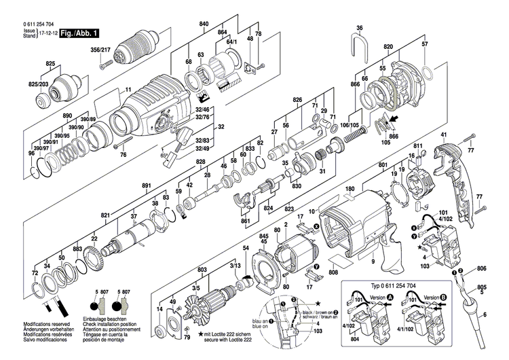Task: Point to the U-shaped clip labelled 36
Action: coord(359,47)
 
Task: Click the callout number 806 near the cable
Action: coord(481,268)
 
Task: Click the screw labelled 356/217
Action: coord(103,65)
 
